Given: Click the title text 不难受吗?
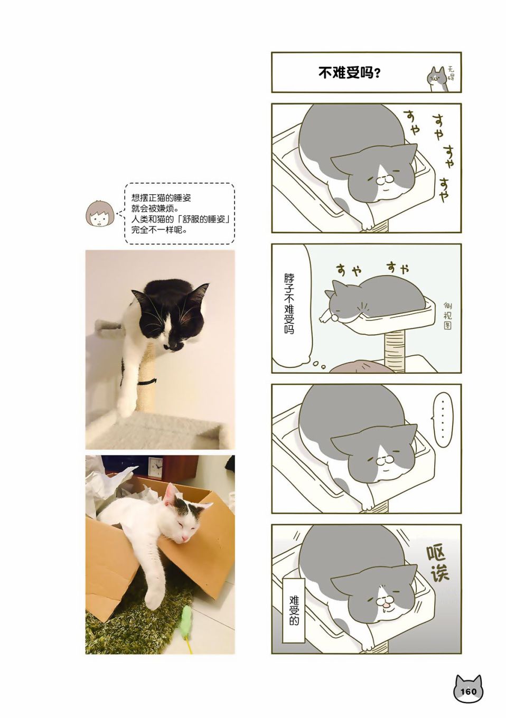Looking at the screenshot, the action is pos(349,73).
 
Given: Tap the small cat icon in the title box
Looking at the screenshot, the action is pos(437,79).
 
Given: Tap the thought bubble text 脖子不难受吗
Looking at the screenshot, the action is pos(289,304).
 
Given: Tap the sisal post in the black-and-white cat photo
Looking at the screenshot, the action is pos(146,378).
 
